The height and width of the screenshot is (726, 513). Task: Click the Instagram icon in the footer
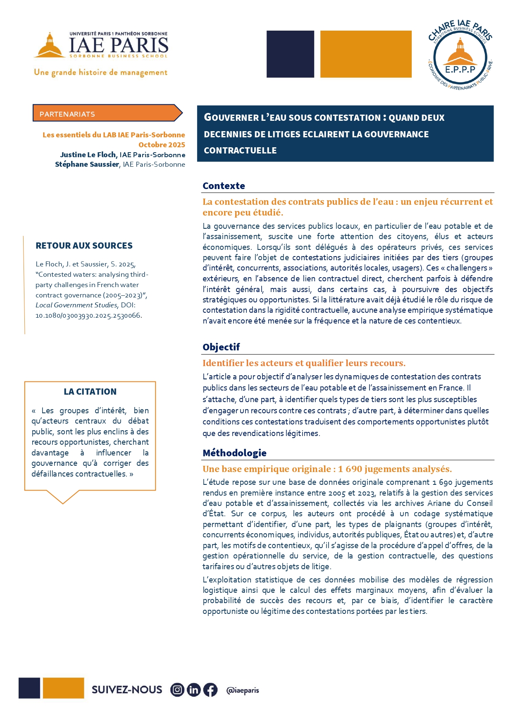click(x=177, y=690)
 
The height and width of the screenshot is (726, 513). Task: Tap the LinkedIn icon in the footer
click(x=193, y=690)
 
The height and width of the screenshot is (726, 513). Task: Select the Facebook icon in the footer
click(x=210, y=690)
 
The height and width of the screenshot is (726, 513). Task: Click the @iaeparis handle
click(x=243, y=690)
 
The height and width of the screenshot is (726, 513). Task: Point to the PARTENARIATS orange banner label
click(x=67, y=114)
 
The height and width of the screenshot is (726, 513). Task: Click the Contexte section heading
click(x=224, y=186)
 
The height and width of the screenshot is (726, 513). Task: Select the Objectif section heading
click(x=221, y=347)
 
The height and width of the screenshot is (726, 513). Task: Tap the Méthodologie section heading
click(x=234, y=453)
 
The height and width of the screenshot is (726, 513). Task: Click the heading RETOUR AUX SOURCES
click(x=84, y=246)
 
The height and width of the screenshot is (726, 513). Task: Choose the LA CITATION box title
click(x=90, y=392)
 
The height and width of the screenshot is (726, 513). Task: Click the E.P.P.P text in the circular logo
click(x=460, y=69)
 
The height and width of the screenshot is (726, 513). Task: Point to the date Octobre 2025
click(x=162, y=145)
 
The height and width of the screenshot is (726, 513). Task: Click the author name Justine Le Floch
click(x=88, y=155)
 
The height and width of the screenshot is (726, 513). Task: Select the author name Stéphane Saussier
click(x=87, y=164)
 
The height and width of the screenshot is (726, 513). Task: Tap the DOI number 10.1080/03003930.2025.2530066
click(x=88, y=315)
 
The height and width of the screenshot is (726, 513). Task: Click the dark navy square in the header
click(x=290, y=54)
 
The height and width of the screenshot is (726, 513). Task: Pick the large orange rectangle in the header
click(x=366, y=54)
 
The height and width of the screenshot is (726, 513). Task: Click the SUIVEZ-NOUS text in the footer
click(x=127, y=690)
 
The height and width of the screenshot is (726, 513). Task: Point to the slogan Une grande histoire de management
click(x=101, y=72)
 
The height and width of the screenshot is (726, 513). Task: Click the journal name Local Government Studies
click(x=76, y=305)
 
